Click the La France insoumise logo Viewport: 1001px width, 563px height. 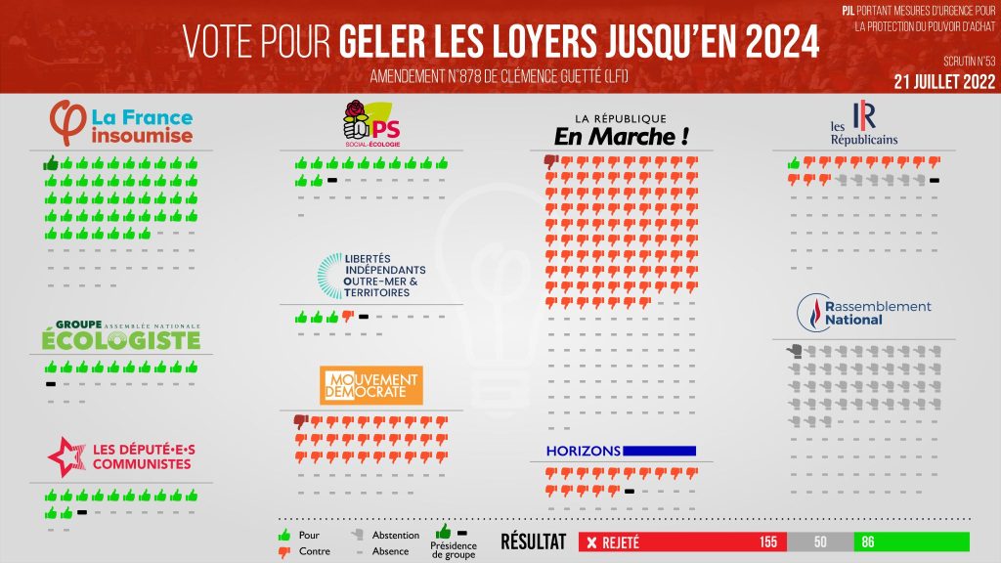[x=121, y=124]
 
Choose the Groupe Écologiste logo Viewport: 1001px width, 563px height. [x=121, y=335]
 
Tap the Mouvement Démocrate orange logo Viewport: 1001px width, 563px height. [x=371, y=385]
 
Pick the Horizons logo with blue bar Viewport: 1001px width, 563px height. [x=621, y=451]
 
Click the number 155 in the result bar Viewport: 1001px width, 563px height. [x=769, y=542]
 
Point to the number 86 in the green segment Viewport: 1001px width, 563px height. [x=869, y=542]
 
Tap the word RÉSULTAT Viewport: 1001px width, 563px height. [x=533, y=541]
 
